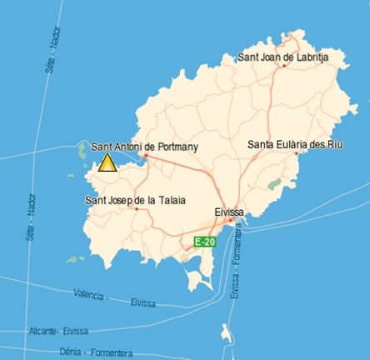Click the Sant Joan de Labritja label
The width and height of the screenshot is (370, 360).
click(x=283, y=57)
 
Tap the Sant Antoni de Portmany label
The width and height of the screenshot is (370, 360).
click(x=144, y=146)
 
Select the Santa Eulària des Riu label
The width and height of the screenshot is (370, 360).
click(x=295, y=144)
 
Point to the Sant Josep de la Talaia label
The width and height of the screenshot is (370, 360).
click(x=135, y=199)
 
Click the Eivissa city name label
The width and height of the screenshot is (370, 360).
click(x=228, y=212)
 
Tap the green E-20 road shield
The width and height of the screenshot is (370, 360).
click(x=204, y=241)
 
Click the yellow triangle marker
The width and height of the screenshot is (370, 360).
click(x=107, y=162)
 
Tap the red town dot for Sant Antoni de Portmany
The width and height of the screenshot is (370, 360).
click(x=144, y=155)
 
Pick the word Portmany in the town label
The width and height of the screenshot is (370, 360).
click(x=177, y=146)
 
